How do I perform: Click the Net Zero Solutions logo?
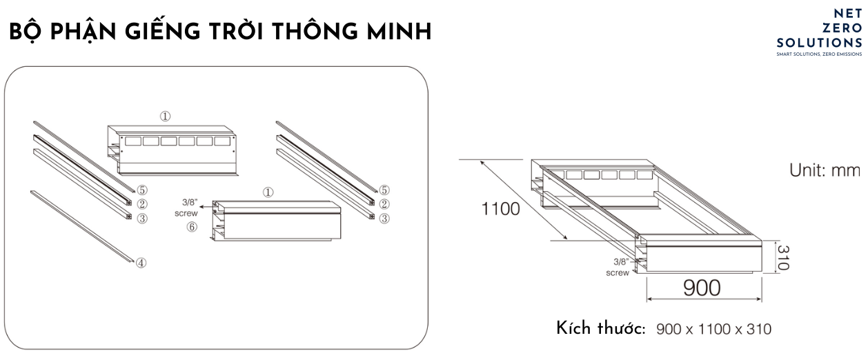819,32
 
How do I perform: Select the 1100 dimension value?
501,209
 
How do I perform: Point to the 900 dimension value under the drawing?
702,288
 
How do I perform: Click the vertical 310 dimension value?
783,258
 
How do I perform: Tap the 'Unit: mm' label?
825,170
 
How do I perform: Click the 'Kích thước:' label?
600,328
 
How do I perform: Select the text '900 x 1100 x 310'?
713,329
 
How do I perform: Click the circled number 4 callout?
141,263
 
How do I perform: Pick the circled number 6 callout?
193,227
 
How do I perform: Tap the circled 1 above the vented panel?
166,116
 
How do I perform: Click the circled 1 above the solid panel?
268,192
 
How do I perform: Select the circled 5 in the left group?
142,190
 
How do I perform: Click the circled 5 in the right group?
384,190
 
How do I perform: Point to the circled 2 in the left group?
142,204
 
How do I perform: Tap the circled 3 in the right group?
384,219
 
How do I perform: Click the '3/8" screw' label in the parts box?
186,208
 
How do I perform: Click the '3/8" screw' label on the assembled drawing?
618,268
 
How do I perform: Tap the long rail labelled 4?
82,226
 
